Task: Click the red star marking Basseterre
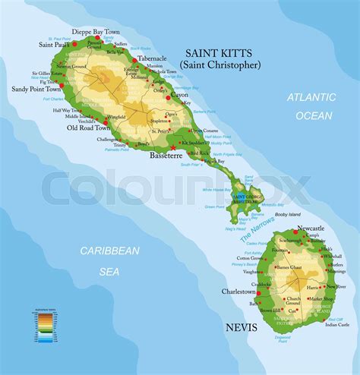click(x=173, y=147)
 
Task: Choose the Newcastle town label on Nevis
click(x=311, y=228)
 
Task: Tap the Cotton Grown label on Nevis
click(x=250, y=258)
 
